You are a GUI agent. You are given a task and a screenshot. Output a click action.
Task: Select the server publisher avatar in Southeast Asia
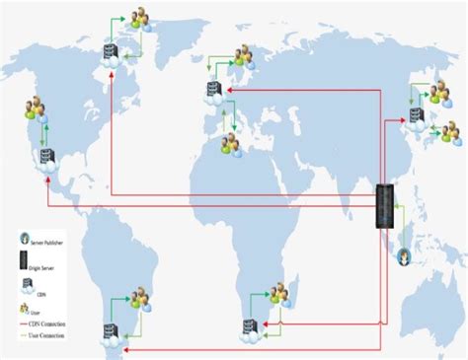(x=407, y=258)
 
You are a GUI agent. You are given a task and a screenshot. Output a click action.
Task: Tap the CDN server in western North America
(x=44, y=160)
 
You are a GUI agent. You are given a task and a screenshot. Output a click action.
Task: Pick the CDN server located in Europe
(x=213, y=94)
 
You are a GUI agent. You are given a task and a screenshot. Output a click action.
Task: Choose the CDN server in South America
(x=108, y=332)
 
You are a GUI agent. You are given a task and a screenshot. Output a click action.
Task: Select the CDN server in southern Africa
(x=253, y=326)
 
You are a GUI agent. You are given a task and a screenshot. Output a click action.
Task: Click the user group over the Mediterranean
(x=232, y=144)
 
